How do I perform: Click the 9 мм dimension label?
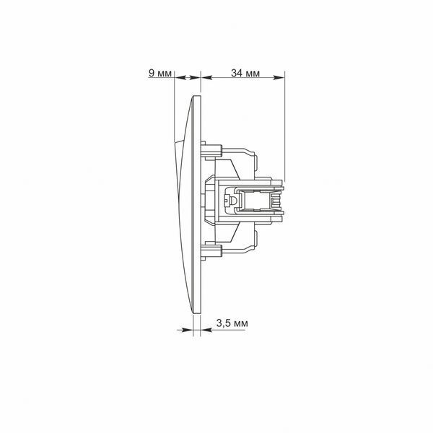160,73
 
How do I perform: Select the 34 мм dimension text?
245,73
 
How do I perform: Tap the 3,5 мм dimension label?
232,323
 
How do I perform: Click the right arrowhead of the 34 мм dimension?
279,78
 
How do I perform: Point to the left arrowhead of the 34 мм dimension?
206,78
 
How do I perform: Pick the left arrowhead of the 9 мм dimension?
180,78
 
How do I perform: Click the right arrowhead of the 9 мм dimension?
195,78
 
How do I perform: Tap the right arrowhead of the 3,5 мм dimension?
206,330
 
